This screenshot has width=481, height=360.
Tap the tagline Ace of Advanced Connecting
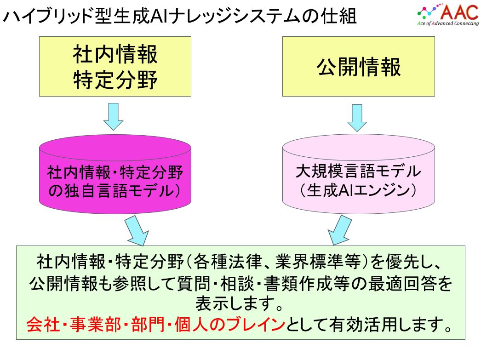pyautogui.click(x=448, y=23)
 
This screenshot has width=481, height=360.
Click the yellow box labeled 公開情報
pyautogui.click(x=359, y=67)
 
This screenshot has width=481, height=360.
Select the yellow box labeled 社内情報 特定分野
pyautogui.click(x=115, y=67)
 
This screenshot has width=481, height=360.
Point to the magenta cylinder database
pyautogui.click(x=115, y=174)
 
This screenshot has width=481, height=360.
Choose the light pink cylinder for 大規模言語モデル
pyautogui.click(x=359, y=174)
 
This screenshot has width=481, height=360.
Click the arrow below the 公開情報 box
pyautogui.click(x=357, y=118)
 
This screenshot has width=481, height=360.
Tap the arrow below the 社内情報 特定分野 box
pyautogui.click(x=113, y=117)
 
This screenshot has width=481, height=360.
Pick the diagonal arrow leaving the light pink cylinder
pyautogui.click(x=339, y=230)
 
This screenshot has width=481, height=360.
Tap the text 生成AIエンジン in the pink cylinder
pyautogui.click(x=358, y=190)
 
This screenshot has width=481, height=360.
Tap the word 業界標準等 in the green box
pyautogui.click(x=318, y=262)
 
